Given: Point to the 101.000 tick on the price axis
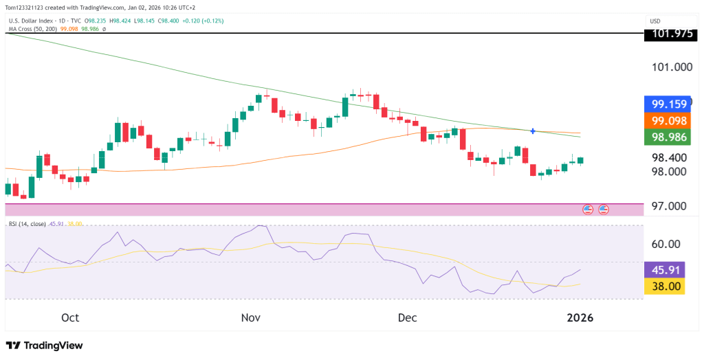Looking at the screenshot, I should coord(671,67).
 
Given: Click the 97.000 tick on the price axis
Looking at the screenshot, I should coord(671,206).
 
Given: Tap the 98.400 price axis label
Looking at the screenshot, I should coord(671,158).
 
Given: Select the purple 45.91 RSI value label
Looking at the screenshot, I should coord(664,270).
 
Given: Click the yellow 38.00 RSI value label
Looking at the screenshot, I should coord(664,286).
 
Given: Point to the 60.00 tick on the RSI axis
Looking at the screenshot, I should coord(665,244).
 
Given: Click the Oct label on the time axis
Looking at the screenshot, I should coord(70,317).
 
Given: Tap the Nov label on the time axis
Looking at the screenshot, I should coord(250,317).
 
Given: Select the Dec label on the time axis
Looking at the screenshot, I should coord(407,317).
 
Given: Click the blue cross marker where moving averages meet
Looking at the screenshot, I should coord(533,131).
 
